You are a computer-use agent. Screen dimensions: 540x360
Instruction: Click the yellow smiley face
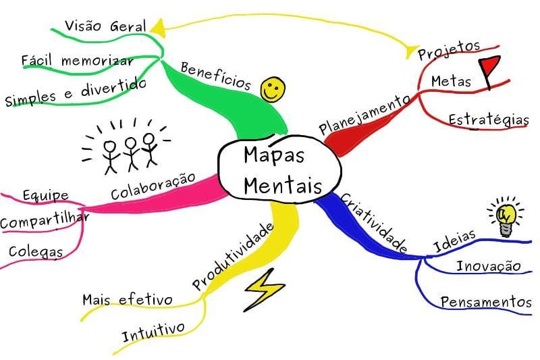(x=273, y=89)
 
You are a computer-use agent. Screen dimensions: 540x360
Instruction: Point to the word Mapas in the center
(x=274, y=155)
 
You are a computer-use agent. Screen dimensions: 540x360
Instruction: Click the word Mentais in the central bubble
(x=283, y=186)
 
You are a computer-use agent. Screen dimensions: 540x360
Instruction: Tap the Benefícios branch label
(x=216, y=76)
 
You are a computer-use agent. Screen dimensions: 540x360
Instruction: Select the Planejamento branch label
(x=365, y=114)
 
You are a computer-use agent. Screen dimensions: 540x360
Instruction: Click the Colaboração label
(x=153, y=186)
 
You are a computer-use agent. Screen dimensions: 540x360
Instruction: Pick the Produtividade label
(x=233, y=256)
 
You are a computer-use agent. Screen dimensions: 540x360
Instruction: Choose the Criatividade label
(x=375, y=222)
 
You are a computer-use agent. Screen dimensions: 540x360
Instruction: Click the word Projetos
(x=449, y=50)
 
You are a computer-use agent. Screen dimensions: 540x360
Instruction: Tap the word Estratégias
(x=489, y=120)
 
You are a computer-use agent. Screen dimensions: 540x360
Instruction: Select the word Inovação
(x=489, y=266)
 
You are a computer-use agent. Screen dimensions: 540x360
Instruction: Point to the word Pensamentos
(x=486, y=302)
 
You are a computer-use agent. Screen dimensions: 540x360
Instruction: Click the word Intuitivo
(x=154, y=332)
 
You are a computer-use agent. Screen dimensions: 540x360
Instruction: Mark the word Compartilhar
(x=45, y=220)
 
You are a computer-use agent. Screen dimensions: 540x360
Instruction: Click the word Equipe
(x=46, y=195)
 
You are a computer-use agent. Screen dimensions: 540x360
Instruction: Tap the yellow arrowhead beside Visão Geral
(x=158, y=28)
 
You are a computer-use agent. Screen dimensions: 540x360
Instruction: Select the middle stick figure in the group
(x=130, y=153)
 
